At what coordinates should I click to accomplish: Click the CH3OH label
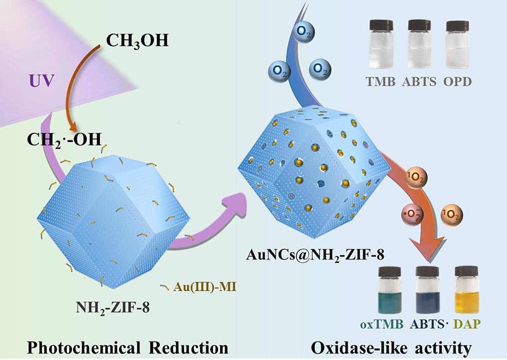point(137,41)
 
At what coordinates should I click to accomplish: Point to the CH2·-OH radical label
point(64,139)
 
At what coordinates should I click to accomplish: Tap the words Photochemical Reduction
point(127,347)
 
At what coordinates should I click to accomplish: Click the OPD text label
point(457,81)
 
